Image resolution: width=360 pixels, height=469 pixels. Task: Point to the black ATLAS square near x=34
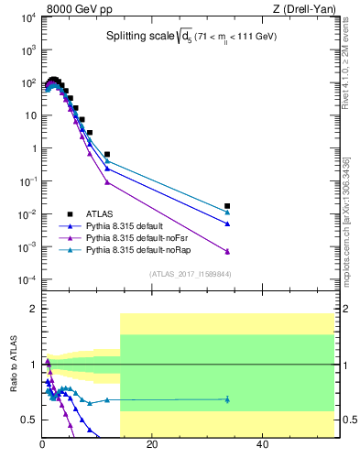point(227,206)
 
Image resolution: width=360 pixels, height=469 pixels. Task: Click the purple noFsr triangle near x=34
point(227,252)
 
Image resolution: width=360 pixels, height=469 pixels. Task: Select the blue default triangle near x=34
point(227,224)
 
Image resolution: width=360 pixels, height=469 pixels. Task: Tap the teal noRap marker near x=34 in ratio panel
point(227,399)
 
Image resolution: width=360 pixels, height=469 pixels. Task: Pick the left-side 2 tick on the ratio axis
point(34,310)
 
